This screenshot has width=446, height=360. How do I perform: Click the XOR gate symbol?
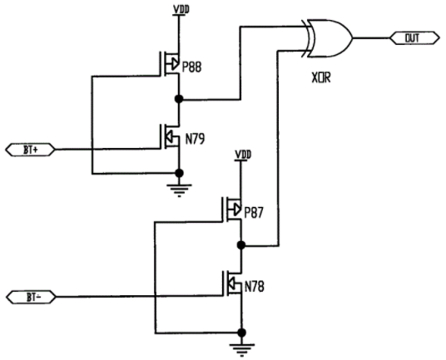pyautogui.click(x=330, y=38)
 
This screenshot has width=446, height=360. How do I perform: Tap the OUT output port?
pyautogui.click(x=414, y=38)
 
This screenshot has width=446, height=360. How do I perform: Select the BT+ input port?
pyautogui.click(x=30, y=150)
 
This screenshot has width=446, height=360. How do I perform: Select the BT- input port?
pyautogui.click(x=31, y=297)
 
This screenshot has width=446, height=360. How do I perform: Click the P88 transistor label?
pyautogui.click(x=191, y=67)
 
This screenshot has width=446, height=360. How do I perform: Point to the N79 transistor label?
pyautogui.click(x=195, y=139)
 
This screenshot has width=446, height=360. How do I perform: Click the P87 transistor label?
pyautogui.click(x=254, y=213)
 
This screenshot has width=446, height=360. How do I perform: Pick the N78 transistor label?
pyautogui.click(x=255, y=287)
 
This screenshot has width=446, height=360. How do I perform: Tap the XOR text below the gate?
pyautogui.click(x=321, y=77)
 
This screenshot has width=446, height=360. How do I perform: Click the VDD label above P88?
pyautogui.click(x=181, y=10)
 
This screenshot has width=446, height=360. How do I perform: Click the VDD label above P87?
pyautogui.click(x=243, y=155)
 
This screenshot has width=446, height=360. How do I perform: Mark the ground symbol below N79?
pyautogui.click(x=179, y=190)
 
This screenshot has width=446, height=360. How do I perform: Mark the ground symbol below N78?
pyautogui.click(x=242, y=350)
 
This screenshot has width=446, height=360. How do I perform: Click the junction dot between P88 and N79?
pyautogui.click(x=179, y=99)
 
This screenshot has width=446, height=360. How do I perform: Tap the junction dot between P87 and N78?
pyautogui.click(x=241, y=244)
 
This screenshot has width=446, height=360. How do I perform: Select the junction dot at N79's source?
pyautogui.click(x=179, y=173)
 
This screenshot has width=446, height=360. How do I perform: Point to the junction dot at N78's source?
pyautogui.click(x=241, y=333)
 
